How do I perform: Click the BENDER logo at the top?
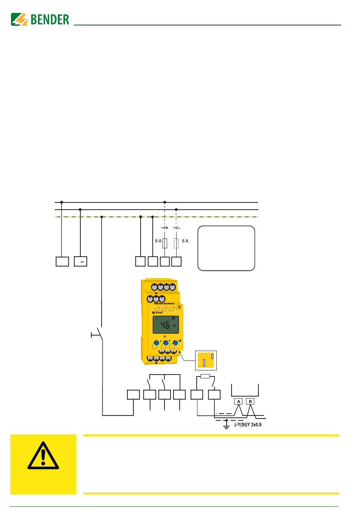pos(40,19)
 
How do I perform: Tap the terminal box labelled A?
pos(238,401)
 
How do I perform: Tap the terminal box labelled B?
pos(250,401)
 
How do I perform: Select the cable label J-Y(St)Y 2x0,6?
pos(247,425)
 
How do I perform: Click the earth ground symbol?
pos(226,425)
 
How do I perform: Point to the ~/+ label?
pos(164,228)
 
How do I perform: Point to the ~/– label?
pos(177,228)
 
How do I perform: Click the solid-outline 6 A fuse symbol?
pos(165,243)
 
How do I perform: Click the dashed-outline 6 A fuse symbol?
pos(176,243)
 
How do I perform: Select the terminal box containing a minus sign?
pos(81,262)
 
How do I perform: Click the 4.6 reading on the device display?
pos(165,325)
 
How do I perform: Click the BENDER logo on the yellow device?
pos(157,313)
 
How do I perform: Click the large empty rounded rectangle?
pos(226,248)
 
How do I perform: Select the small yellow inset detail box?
pos(206,360)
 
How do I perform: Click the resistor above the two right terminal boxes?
pos(205,376)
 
